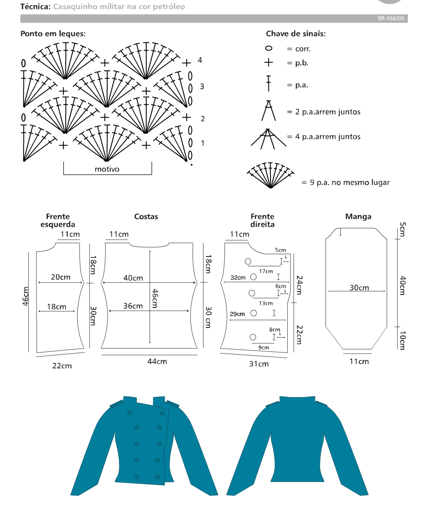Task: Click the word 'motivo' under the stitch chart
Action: point(107,169)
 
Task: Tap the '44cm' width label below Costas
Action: point(157,361)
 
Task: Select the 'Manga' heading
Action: point(358,216)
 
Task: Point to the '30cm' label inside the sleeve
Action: point(359,288)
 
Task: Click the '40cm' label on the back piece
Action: point(133,278)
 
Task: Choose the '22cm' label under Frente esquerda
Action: point(62,366)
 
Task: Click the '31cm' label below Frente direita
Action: point(259,364)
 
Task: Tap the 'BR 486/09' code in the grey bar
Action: point(391,18)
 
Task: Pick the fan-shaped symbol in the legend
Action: point(270,174)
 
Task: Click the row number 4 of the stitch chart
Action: point(200,60)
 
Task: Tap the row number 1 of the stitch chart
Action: point(202,143)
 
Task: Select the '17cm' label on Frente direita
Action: point(266,271)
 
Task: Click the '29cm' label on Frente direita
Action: point(237,314)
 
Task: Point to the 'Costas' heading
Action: point(146,216)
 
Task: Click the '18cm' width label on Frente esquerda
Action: point(56,307)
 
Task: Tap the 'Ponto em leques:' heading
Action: point(53,34)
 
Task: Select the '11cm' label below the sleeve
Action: point(359,361)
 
